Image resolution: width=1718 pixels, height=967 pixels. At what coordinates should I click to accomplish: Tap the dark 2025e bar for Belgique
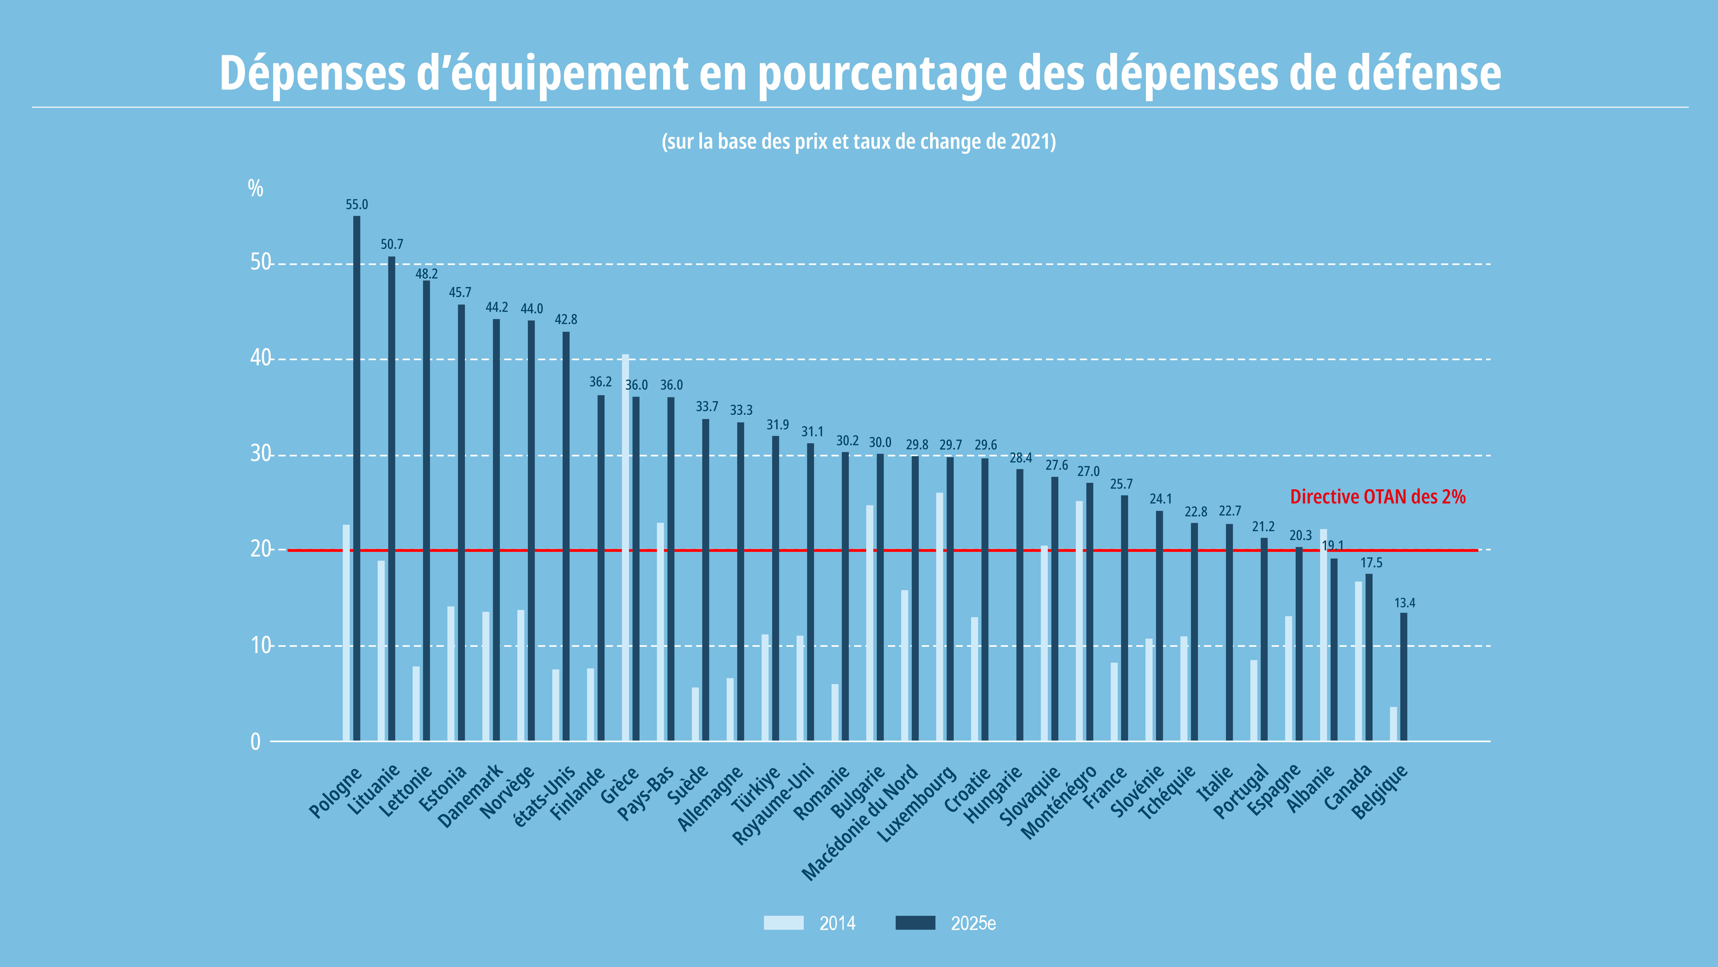click(1404, 677)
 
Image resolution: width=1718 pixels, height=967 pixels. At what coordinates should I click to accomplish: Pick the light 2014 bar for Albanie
click(1323, 635)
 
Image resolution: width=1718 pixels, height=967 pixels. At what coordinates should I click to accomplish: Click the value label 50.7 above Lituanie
click(392, 244)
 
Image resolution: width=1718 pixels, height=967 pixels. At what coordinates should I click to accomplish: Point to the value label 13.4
click(1404, 603)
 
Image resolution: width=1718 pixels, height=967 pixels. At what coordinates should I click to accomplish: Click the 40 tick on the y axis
click(261, 358)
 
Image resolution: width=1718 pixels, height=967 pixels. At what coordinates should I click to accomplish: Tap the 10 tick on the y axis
click(261, 645)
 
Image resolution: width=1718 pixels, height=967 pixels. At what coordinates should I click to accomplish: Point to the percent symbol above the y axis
click(255, 188)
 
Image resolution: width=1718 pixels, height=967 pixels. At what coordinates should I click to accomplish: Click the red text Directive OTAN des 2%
click(1378, 497)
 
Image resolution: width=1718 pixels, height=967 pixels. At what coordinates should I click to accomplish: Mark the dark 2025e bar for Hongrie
click(1020, 605)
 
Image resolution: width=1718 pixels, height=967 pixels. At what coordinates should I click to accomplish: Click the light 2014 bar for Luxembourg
click(940, 617)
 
